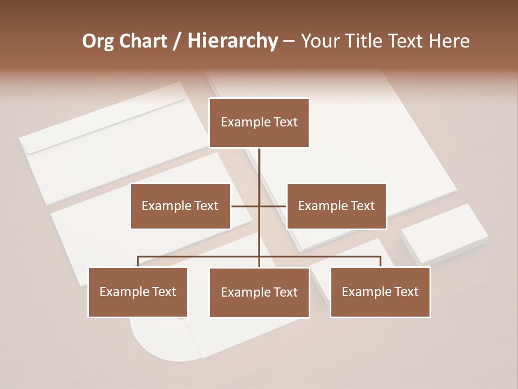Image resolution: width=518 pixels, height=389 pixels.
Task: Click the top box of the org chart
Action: (259, 123)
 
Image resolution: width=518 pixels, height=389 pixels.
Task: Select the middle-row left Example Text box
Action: (180, 206)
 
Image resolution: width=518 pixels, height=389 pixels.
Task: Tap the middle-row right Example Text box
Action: (336, 206)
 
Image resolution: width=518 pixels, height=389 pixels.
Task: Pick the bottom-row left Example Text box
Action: (138, 292)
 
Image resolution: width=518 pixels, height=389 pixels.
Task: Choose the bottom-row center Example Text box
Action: (259, 292)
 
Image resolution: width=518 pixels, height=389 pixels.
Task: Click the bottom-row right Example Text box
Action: (380, 292)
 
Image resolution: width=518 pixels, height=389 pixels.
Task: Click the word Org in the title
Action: (98, 41)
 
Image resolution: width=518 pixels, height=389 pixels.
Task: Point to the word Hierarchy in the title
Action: (232, 41)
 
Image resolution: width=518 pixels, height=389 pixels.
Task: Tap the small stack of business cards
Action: (444, 232)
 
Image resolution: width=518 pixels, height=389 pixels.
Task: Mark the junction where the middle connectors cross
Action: (259, 206)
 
